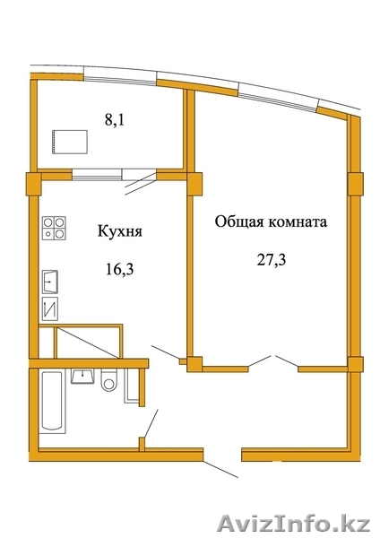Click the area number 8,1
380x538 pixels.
(x=114, y=120)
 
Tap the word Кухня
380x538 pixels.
(x=120, y=231)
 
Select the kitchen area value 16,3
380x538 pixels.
(x=119, y=270)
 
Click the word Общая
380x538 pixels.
(x=239, y=222)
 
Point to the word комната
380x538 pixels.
(x=297, y=222)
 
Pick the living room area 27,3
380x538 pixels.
(x=272, y=260)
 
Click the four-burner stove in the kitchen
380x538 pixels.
(x=54, y=228)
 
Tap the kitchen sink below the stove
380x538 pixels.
(x=49, y=282)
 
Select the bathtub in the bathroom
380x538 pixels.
(x=52, y=401)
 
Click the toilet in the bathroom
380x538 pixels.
(x=109, y=380)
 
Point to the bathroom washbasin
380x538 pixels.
(x=82, y=376)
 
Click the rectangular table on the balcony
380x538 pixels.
(x=70, y=142)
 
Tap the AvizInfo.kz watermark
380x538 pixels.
(x=294, y=525)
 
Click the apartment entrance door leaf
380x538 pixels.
(x=220, y=469)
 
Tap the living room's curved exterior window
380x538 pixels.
(x=278, y=98)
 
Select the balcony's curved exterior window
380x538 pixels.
(x=120, y=79)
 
